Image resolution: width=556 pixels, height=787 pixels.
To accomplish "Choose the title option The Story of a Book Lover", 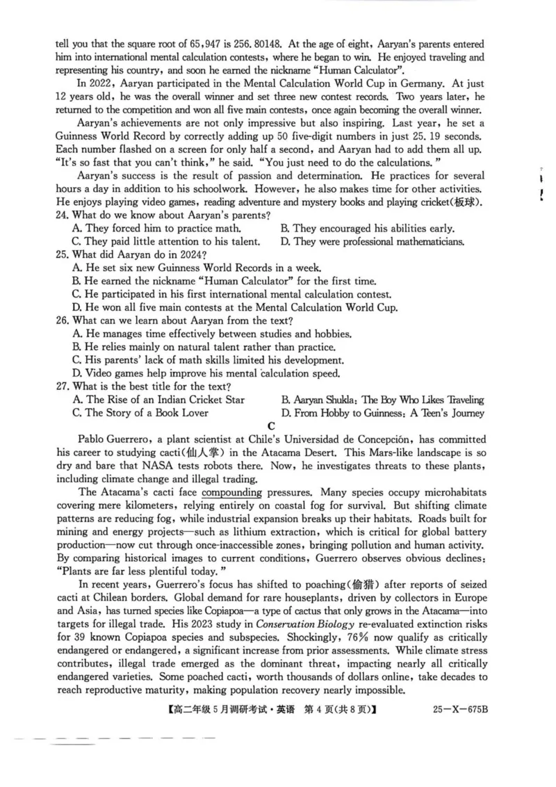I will pyautogui.click(x=146, y=413).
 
